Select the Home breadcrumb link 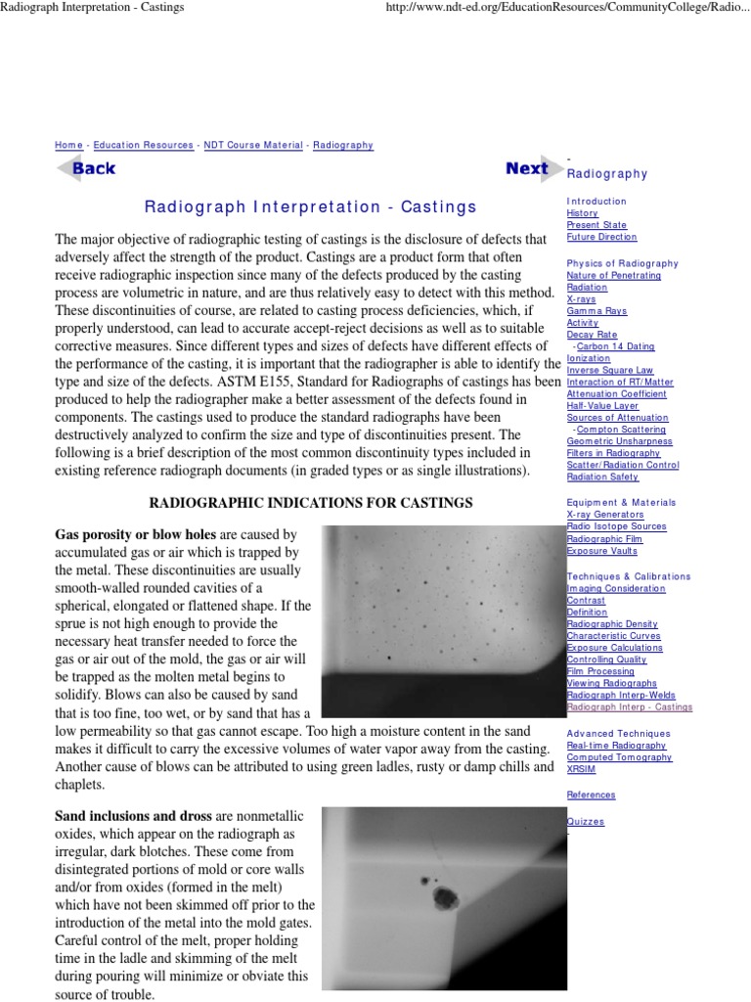coord(68,145)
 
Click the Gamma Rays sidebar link coord(596,311)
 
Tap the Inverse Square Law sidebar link coord(610,371)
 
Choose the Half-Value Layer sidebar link coord(602,406)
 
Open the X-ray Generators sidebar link coord(605,514)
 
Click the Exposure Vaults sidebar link coord(602,550)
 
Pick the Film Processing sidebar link coord(600,671)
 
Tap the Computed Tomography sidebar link coord(619,757)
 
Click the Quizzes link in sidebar coord(586,822)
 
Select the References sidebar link coord(592,796)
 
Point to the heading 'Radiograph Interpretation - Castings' coord(311,206)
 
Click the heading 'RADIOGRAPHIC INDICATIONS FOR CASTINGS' coord(310,503)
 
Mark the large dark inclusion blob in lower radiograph coord(446,896)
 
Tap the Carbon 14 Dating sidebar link coord(615,346)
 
